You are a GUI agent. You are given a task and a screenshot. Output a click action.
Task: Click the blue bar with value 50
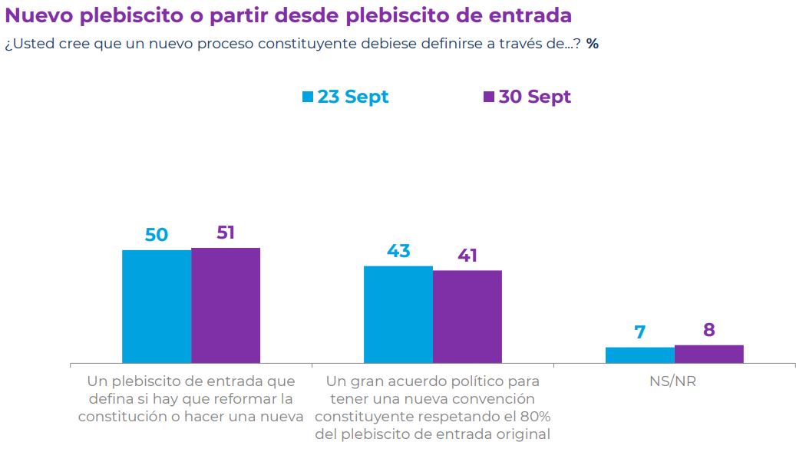(x=157, y=306)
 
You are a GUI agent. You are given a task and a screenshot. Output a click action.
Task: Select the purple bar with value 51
(x=226, y=305)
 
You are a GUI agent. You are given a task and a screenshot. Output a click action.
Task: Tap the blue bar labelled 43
(x=398, y=314)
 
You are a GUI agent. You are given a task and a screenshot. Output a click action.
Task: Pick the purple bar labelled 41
(x=467, y=316)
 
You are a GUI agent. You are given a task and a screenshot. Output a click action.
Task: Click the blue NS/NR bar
(x=639, y=355)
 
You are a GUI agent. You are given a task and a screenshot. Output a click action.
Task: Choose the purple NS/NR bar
(x=708, y=354)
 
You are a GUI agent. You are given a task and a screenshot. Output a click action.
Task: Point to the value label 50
(x=157, y=235)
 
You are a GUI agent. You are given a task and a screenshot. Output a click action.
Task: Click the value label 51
(x=226, y=233)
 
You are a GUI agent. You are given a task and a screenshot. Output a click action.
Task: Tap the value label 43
(x=398, y=251)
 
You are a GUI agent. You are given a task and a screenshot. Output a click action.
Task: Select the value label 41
(x=467, y=256)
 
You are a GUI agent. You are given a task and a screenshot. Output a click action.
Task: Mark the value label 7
(x=639, y=332)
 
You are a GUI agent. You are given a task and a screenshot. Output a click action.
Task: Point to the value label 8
(x=708, y=330)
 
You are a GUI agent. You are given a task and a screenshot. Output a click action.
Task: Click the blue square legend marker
(x=308, y=97)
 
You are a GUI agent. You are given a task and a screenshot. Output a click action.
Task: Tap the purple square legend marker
(x=489, y=97)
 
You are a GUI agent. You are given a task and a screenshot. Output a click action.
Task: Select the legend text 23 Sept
(x=353, y=97)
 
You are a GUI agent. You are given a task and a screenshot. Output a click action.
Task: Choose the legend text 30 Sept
(x=535, y=97)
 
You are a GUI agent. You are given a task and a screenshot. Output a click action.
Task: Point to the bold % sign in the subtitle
(x=592, y=44)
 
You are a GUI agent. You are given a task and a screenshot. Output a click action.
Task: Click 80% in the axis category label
(x=534, y=416)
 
